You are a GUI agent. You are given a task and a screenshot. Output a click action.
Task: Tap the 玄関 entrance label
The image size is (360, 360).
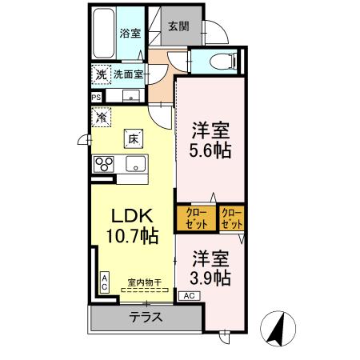coord(178,26)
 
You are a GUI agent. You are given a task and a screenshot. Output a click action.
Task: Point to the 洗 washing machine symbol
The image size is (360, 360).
coord(101,74)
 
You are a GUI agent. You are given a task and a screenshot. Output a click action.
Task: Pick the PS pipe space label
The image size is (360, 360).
coord(97,98)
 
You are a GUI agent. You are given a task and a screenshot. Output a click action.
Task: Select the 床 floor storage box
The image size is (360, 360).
coord(132,138)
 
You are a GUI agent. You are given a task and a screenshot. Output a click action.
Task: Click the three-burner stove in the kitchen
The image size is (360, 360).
coord(105,164)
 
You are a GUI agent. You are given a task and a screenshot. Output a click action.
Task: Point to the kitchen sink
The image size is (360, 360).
coord(134,164)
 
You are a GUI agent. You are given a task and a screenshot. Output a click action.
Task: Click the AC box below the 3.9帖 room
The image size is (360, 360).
coord(190,296)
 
